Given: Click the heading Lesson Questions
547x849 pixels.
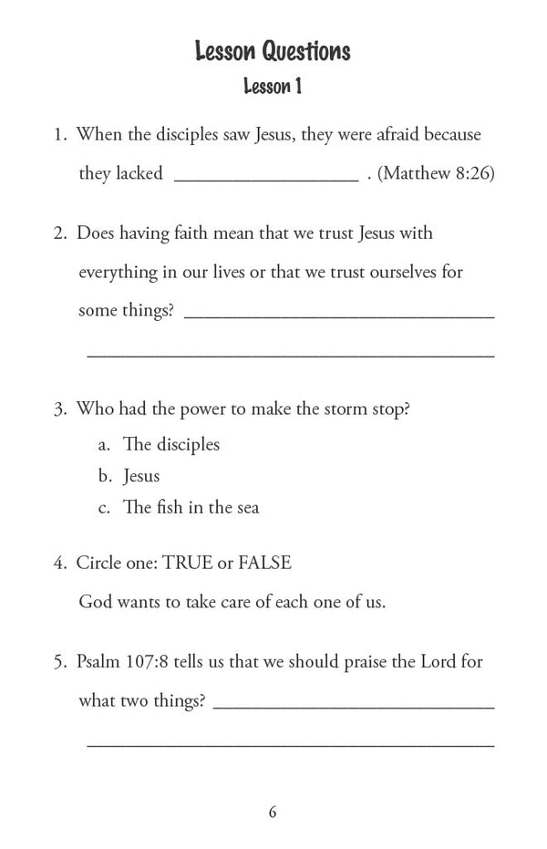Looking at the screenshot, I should pyautogui.click(x=273, y=52).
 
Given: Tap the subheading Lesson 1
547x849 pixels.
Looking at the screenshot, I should pyautogui.click(x=273, y=88).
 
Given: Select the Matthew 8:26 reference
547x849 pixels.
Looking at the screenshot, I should pyautogui.click(x=436, y=174).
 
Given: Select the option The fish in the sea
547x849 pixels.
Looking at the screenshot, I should pyautogui.click(x=191, y=508).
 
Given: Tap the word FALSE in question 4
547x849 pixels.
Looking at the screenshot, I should pyautogui.click(x=264, y=563).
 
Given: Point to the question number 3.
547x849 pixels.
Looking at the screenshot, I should pyautogui.click(x=58, y=409).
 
